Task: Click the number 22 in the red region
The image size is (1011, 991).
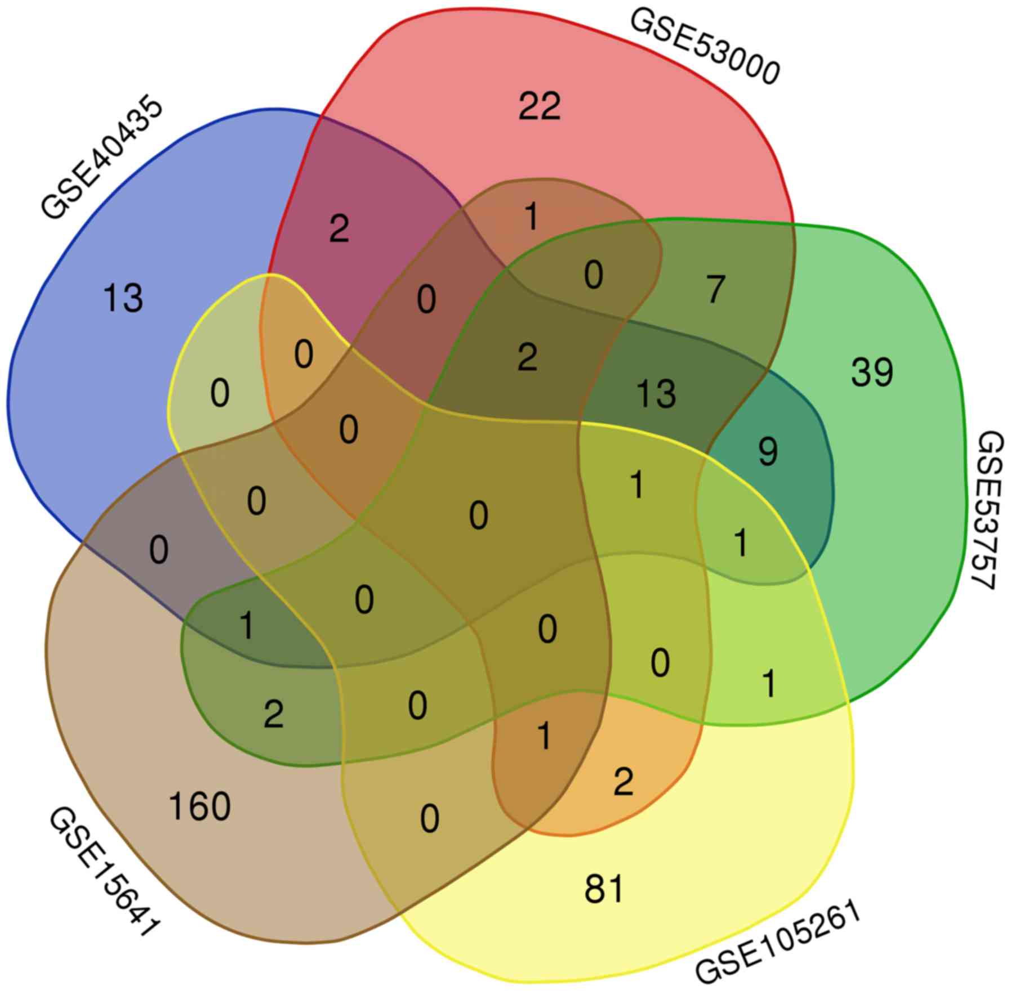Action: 539,106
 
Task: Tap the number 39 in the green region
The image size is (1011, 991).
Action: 871,372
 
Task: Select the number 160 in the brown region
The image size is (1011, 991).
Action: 199,806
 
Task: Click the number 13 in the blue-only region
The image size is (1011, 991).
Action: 123,298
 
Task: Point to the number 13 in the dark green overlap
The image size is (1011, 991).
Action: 656,393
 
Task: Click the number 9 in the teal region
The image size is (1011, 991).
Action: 768,451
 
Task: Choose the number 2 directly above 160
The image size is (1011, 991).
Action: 274,715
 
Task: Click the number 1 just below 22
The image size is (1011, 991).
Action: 531,217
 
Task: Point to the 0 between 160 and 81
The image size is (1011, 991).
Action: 429,819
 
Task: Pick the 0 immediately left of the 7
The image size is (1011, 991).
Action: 593,276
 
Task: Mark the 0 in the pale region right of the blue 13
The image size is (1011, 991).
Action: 220,393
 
